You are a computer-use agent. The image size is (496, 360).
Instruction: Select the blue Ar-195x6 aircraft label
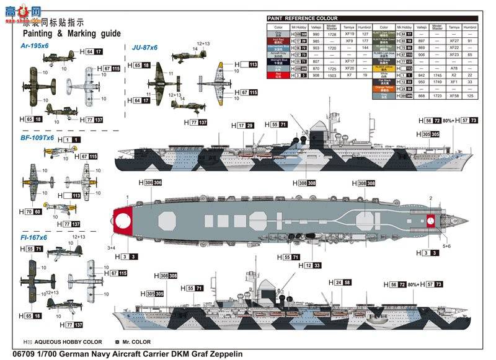click(x=37, y=46)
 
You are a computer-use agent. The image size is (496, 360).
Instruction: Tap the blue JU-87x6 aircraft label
click(x=144, y=46)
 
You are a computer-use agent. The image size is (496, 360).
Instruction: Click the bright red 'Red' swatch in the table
click(x=278, y=75)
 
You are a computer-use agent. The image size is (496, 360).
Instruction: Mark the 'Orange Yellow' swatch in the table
click(x=383, y=89)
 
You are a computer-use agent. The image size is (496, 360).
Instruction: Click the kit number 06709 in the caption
click(x=15, y=354)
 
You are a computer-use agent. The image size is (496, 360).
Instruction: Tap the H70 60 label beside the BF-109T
click(x=30, y=212)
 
